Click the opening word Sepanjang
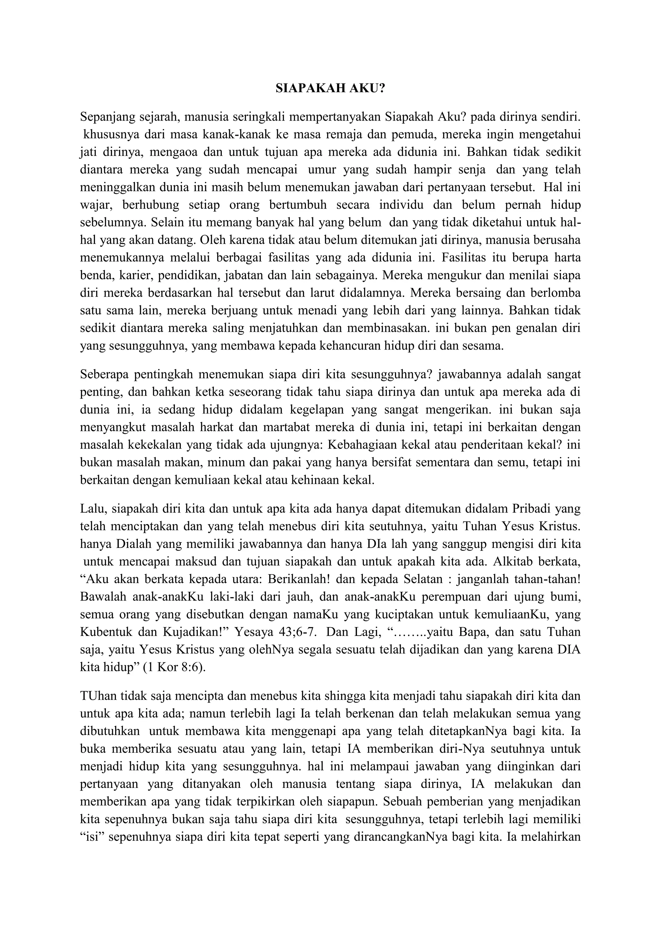click(x=106, y=117)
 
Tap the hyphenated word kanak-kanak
click(x=238, y=134)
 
